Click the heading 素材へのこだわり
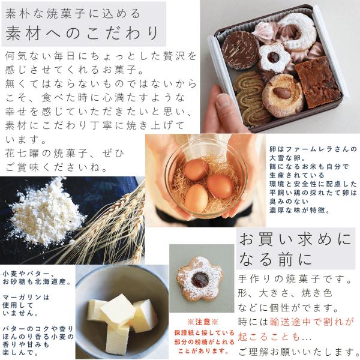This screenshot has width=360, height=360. pyautogui.click(x=82, y=33)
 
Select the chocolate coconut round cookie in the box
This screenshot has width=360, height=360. pyautogui.click(x=241, y=50)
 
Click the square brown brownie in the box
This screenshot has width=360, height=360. pyautogui.click(x=318, y=82)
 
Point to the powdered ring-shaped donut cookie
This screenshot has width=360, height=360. pyautogui.click(x=297, y=32)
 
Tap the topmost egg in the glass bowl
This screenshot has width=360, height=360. pyautogui.click(x=196, y=170)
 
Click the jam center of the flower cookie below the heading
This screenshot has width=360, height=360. pyautogui.click(x=200, y=280)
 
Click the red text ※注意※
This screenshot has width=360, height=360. pyautogui.click(x=203, y=322)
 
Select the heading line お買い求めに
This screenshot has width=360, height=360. pyautogui.click(x=295, y=239)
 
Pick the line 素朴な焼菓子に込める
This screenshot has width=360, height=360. pyautogui.click(x=73, y=14)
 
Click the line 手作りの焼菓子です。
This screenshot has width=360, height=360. pyautogui.click(x=295, y=279)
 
